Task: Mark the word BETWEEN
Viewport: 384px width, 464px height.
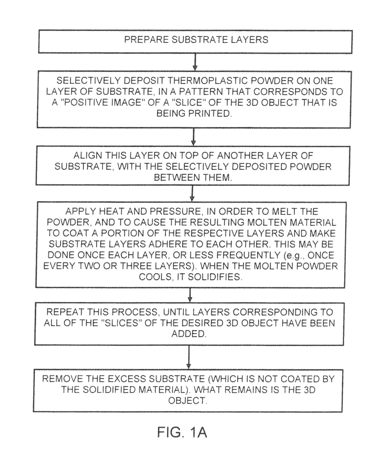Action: (x=173, y=177)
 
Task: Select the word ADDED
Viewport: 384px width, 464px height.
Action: (x=189, y=334)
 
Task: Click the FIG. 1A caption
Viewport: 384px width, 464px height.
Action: (x=182, y=433)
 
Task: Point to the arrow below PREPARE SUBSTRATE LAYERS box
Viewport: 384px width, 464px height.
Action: (x=195, y=62)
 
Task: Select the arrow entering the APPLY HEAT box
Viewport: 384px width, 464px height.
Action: (x=192, y=193)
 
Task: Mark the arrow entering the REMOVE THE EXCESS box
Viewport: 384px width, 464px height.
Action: (x=189, y=357)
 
